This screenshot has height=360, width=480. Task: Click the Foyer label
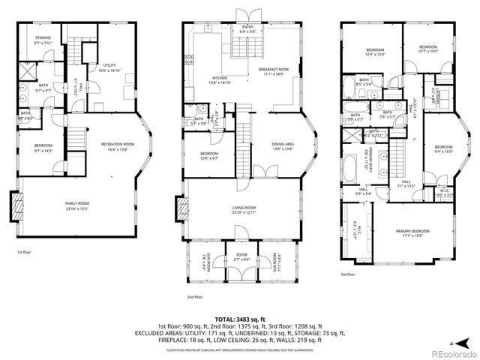tap(241, 256)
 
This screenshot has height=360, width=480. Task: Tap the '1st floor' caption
tap(24, 253)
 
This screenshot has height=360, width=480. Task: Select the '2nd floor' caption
tap(195, 296)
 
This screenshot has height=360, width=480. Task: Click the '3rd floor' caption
tap(349, 274)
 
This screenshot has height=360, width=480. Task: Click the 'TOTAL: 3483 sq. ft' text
tap(239, 319)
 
